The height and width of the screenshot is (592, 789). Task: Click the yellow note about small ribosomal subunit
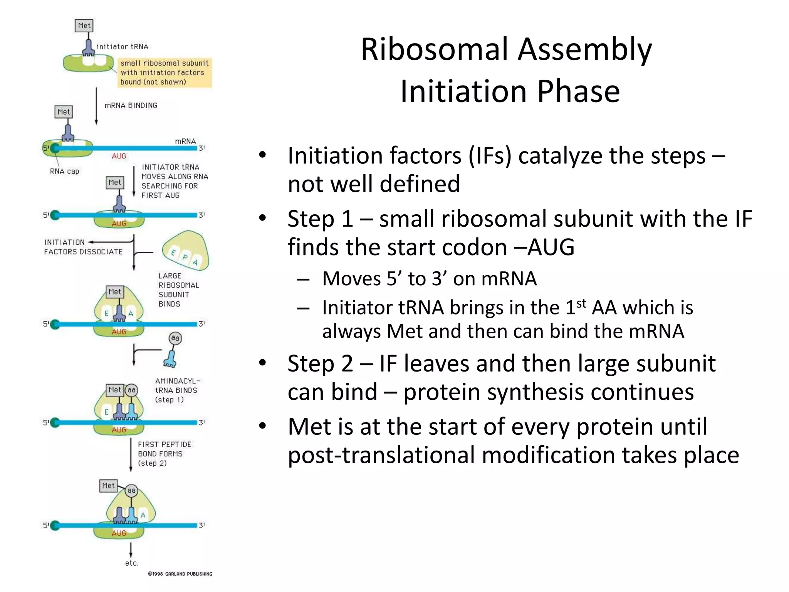165,72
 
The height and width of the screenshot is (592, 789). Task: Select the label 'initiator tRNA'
122,47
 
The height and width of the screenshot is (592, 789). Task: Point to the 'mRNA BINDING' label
131,106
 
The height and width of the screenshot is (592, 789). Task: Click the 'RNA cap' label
64,171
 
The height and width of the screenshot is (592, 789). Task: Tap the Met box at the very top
84,26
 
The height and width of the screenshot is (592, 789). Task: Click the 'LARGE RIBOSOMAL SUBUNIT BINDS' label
178,290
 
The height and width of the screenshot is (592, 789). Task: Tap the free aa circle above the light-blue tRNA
175,338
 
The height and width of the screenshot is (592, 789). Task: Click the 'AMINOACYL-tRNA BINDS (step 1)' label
177,390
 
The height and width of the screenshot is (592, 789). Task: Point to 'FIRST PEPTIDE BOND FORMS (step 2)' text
164,454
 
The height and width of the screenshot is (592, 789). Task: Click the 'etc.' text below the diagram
131,563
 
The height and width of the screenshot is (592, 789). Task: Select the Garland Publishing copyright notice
180,574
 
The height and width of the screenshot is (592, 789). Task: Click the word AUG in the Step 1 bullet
551,247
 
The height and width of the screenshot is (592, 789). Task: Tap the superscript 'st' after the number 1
581,303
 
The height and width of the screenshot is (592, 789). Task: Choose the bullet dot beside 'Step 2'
263,363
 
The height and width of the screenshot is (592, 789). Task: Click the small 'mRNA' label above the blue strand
185,141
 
